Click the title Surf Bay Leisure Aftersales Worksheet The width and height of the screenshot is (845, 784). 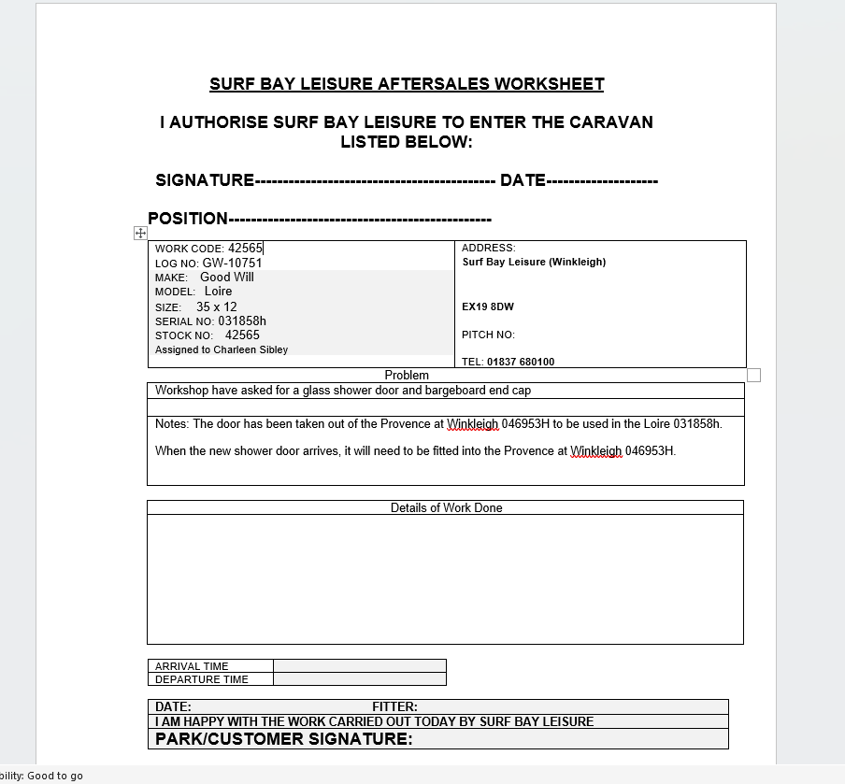click(x=407, y=84)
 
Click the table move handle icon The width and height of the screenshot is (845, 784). click(x=140, y=233)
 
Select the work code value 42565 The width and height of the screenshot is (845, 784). click(x=245, y=249)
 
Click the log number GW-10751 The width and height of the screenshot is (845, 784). click(x=232, y=264)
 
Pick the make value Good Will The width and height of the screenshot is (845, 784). click(x=227, y=278)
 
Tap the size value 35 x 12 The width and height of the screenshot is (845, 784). click(x=217, y=306)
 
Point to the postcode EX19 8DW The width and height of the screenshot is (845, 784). click(x=488, y=306)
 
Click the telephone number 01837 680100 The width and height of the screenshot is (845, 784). click(x=521, y=362)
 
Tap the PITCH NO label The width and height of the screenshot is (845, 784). click(x=488, y=335)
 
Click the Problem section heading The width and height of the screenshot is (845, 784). click(x=407, y=375)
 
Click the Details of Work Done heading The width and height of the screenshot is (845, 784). click(x=446, y=507)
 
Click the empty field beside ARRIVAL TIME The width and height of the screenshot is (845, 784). click(x=360, y=666)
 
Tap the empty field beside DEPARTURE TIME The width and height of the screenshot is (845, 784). click(x=360, y=679)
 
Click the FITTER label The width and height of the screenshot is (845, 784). click(x=394, y=706)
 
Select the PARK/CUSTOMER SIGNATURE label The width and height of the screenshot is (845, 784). click(x=283, y=739)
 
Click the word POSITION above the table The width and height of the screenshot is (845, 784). click(x=188, y=219)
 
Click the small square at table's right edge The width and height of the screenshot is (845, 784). click(x=754, y=375)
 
